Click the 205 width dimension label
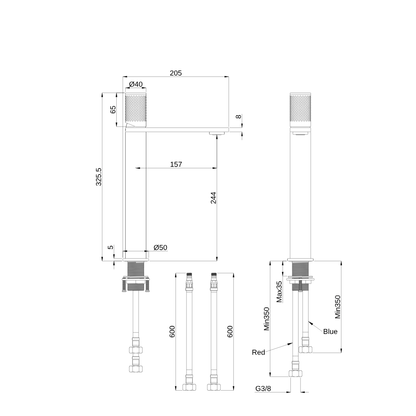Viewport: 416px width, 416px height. tap(176, 73)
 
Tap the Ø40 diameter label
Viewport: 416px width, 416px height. tap(136, 84)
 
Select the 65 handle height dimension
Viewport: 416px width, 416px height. tap(113, 109)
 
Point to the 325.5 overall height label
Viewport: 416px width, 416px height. tap(99, 177)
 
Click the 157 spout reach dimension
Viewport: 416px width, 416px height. tap(176, 164)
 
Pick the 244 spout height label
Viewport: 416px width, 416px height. tap(213, 198)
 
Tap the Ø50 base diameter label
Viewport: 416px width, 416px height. tap(161, 248)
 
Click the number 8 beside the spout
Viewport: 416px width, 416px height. tap(238, 116)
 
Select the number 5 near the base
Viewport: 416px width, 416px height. tap(111, 247)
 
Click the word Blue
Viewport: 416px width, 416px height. tap(330, 332)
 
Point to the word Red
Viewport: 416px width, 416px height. tap(258, 352)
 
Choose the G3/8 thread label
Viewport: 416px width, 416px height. tap(263, 389)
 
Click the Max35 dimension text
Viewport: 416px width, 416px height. tap(279, 292)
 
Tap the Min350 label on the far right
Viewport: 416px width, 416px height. tap(337, 307)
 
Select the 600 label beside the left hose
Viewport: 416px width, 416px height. tap(172, 332)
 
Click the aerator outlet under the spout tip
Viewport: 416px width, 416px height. tap(216, 133)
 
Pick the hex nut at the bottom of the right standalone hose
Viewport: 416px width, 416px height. tap(214, 387)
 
